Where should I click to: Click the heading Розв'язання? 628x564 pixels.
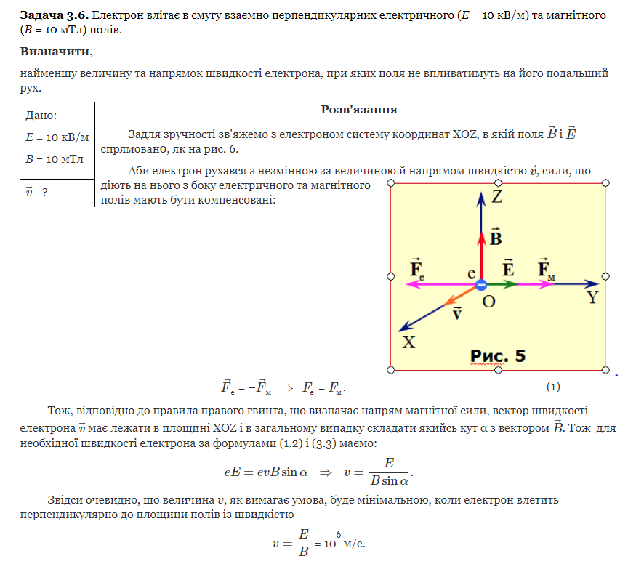tap(358, 110)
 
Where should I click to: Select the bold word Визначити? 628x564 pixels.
tap(57, 52)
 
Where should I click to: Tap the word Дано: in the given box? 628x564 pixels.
tap(41, 116)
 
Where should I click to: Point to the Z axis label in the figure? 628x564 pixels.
tap(497, 197)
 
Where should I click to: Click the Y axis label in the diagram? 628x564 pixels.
tap(593, 297)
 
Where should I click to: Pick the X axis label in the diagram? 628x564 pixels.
tap(409, 342)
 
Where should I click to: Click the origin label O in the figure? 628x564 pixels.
tap(489, 301)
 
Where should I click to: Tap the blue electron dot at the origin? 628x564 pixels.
tap(481, 285)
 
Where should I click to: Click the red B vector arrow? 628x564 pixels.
tap(481, 254)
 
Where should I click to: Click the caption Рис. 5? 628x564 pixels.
tap(498, 355)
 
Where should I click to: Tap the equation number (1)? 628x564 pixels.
tap(553, 386)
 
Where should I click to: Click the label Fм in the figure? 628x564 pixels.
tap(547, 268)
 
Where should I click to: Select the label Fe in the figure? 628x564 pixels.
tap(417, 268)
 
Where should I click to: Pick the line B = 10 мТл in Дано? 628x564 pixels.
tap(55, 159)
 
